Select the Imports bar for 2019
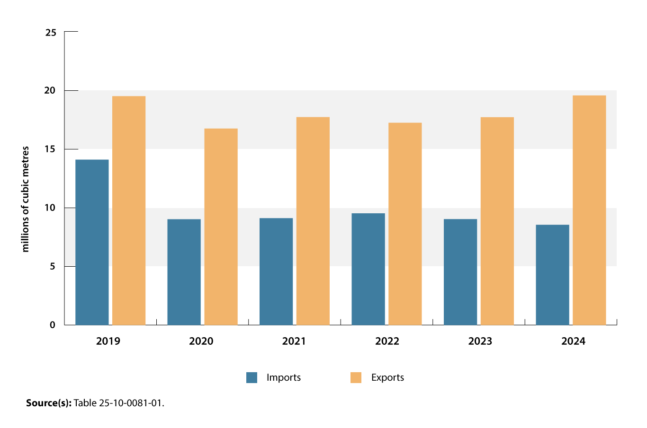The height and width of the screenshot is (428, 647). [x=92, y=242]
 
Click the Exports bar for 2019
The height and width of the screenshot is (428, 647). [x=129, y=210]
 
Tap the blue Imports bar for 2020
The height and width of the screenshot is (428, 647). [x=184, y=272]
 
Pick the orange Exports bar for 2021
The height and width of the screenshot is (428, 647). [x=313, y=221]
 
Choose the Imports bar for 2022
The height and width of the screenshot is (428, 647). [x=368, y=269]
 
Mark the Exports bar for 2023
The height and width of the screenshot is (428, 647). [x=497, y=221]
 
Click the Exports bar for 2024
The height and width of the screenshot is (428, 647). [x=589, y=210]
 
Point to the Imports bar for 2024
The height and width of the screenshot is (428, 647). [x=552, y=275]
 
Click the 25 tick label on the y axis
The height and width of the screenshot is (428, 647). [x=51, y=33]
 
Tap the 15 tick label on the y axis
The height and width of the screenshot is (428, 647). [x=51, y=149]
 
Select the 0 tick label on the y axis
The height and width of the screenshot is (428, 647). [x=53, y=325]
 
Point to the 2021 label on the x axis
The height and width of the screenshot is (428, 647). [x=294, y=341]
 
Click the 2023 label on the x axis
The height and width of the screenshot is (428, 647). [x=480, y=341]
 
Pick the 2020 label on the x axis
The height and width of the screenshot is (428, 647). [x=201, y=341]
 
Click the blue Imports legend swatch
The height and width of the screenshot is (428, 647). [x=252, y=377]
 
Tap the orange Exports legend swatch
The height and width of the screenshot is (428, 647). [x=356, y=377]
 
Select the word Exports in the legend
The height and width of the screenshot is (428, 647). [x=387, y=377]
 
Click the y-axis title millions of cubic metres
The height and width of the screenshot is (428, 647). [x=26, y=199]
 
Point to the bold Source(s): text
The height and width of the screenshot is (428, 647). [x=48, y=403]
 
